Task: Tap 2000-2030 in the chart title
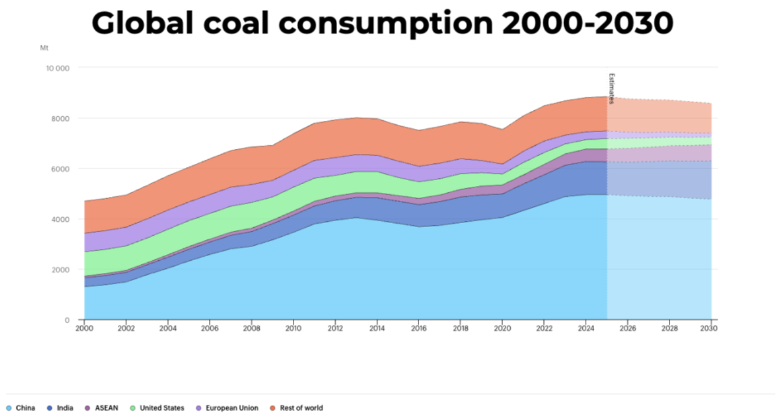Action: [x=587, y=23]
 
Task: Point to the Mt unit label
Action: [x=44, y=48]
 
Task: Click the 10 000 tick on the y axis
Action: [x=58, y=68]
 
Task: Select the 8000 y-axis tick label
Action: [x=60, y=118]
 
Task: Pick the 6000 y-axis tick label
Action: [x=60, y=169]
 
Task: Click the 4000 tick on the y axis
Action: [x=60, y=220]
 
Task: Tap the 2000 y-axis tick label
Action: [x=60, y=269]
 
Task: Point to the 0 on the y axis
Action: [x=67, y=320]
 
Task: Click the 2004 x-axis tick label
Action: [x=168, y=329]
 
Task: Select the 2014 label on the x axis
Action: [x=377, y=329]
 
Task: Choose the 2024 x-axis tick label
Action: [x=586, y=329]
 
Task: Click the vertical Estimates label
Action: [x=612, y=88]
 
